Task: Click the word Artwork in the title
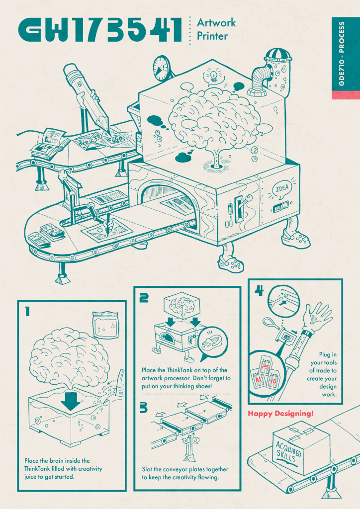(x=216, y=23)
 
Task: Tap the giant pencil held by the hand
(x=90, y=97)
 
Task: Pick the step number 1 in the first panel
(x=27, y=312)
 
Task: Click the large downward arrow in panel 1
(x=71, y=400)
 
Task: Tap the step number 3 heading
(x=144, y=408)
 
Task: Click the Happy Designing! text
(x=281, y=414)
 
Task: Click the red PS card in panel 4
(x=265, y=366)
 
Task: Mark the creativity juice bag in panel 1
(x=105, y=325)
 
